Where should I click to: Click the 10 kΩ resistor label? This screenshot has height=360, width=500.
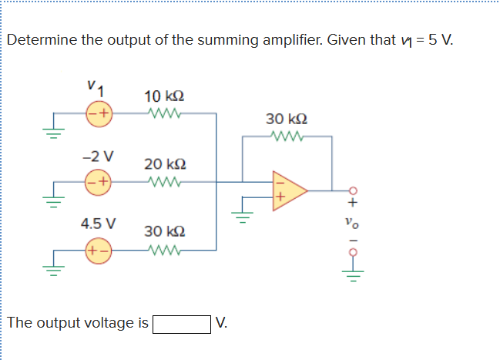click(163, 97)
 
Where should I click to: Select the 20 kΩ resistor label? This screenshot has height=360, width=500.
click(163, 164)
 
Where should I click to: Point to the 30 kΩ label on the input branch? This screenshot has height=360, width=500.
click(163, 230)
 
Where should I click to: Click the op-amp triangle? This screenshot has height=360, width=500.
click(288, 189)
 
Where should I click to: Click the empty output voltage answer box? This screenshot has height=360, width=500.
click(182, 323)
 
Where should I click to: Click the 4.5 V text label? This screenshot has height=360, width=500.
click(99, 224)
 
